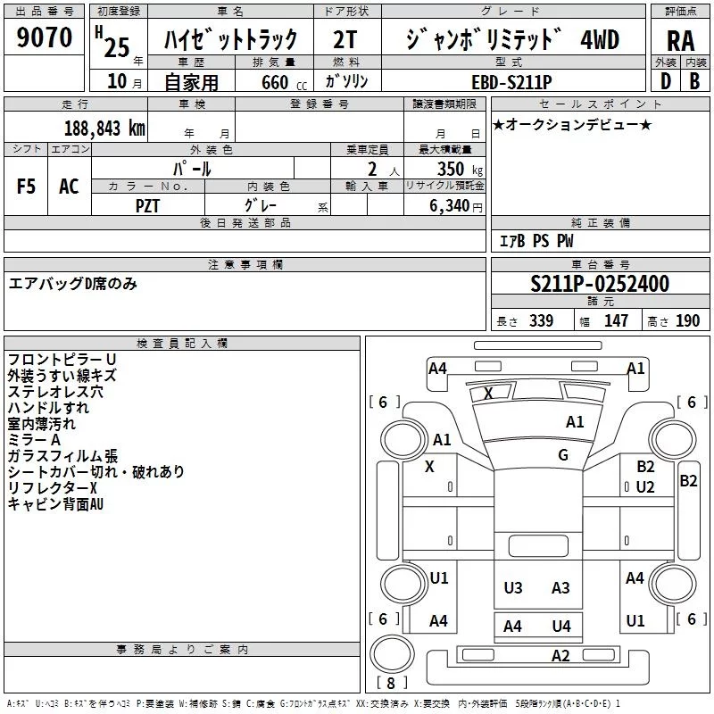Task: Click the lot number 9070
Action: click(45, 37)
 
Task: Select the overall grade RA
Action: click(680, 40)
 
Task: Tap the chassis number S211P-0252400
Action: click(600, 284)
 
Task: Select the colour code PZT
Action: click(148, 205)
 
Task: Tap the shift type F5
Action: click(27, 187)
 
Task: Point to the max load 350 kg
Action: click(454, 169)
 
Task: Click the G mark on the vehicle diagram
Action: click(563, 455)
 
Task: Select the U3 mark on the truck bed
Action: click(513, 587)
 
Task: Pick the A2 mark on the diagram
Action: click(560, 656)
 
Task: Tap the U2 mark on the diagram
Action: click(645, 486)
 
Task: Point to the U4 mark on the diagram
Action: click(561, 626)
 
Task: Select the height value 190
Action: click(688, 320)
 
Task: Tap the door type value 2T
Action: click(345, 40)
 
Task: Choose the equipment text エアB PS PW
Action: click(535, 241)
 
